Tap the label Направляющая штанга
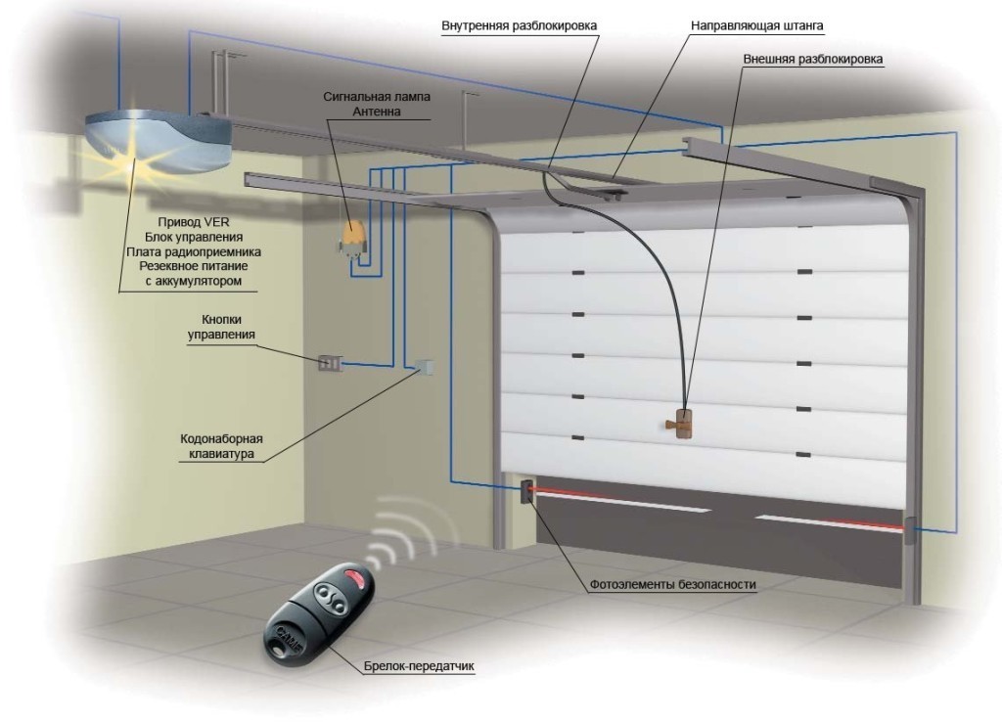(751, 23)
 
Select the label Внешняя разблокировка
(813, 59)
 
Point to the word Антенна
(377, 113)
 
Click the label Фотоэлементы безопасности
(673, 586)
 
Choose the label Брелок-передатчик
(431, 667)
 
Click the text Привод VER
(187, 222)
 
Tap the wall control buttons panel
(329, 364)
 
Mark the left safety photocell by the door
(526, 490)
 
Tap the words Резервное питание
(187, 266)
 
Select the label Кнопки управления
(222, 327)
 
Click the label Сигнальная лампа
(377, 98)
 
